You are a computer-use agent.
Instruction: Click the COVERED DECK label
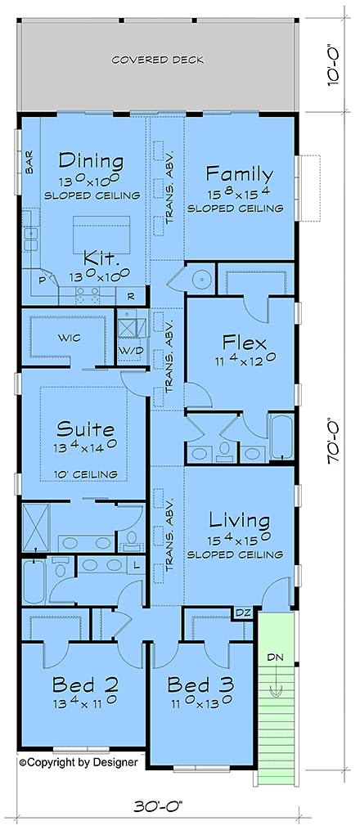coord(158,60)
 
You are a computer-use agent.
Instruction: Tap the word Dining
coord(90,160)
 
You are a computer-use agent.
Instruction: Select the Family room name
coord(239,173)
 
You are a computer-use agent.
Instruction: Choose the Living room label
coord(239,520)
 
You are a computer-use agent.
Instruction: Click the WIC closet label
coord(67,337)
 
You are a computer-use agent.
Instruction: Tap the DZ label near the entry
coord(244,612)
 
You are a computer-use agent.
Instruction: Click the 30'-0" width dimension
coord(157,805)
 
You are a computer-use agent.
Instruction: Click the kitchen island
coord(101,231)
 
